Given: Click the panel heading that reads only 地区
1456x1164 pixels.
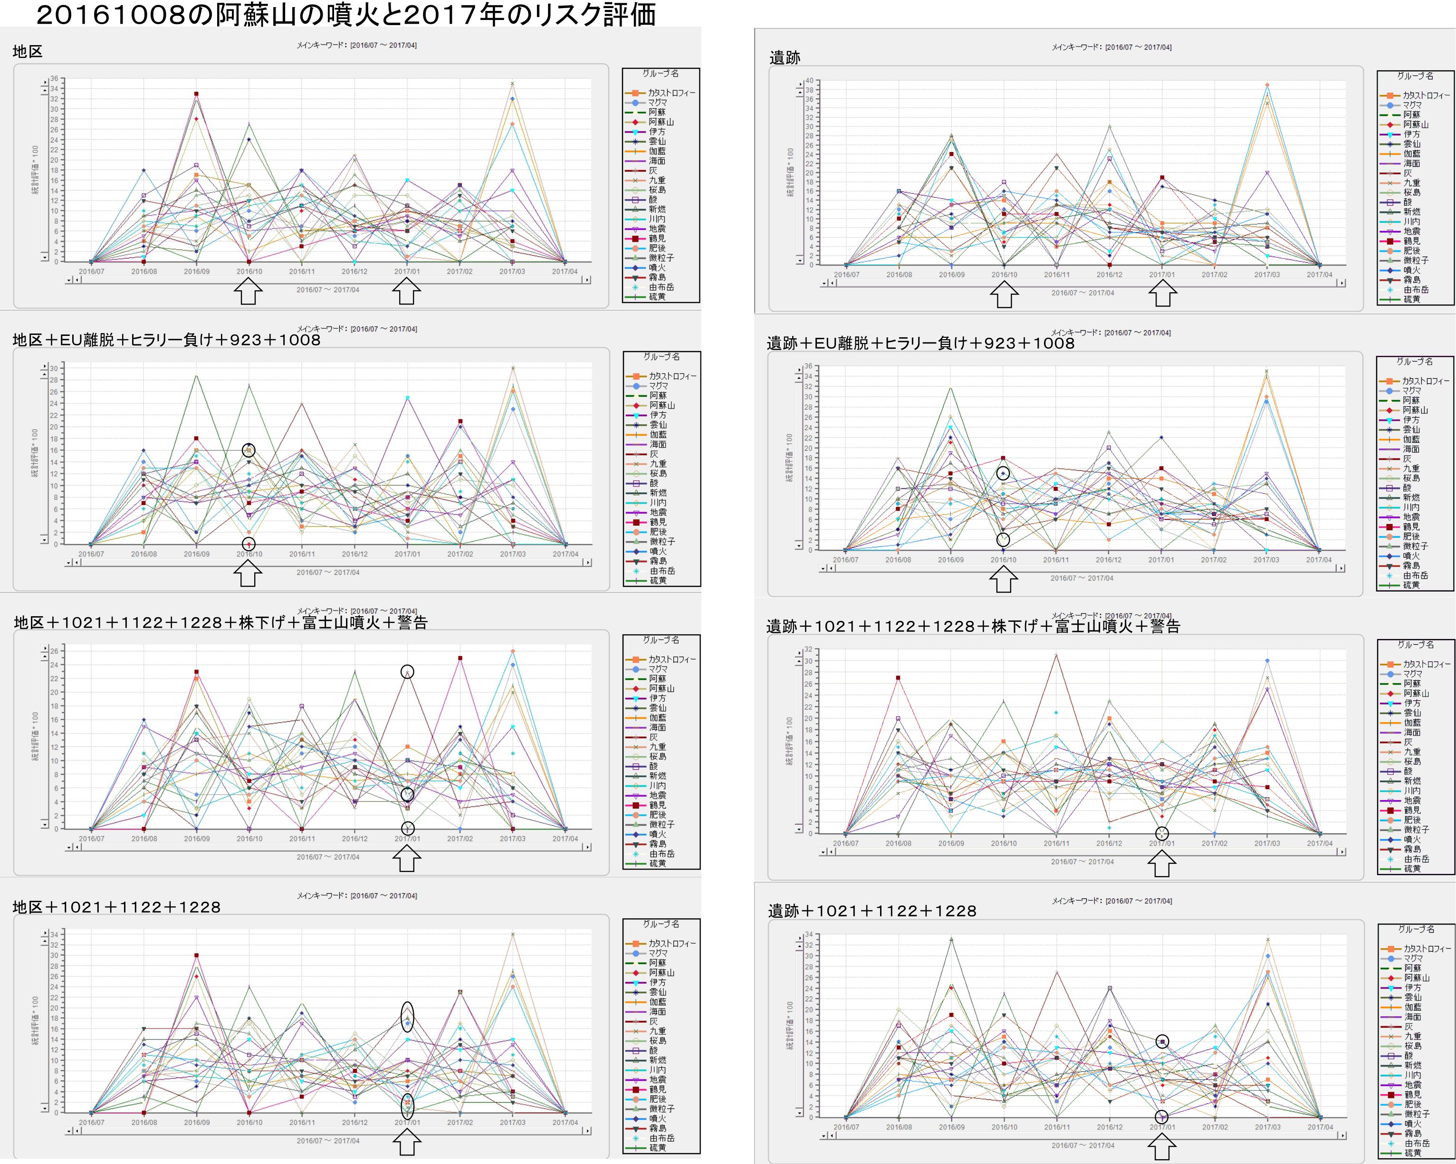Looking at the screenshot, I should click(28, 52).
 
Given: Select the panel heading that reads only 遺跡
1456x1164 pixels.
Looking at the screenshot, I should click(785, 58).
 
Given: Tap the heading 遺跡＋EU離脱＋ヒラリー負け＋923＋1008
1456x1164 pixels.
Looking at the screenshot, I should click(920, 343).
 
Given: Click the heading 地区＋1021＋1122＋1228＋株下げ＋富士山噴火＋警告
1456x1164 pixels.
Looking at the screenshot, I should click(220, 622).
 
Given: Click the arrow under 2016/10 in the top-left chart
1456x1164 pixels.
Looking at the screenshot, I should click(248, 292).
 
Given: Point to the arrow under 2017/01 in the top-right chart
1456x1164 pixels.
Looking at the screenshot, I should click(1162, 294).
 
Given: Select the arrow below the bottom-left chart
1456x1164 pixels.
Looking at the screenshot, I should click(407, 1142).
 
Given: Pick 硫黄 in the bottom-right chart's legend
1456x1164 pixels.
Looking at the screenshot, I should click(1412, 1153).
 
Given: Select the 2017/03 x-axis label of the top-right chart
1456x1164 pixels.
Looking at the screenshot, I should click(1266, 275).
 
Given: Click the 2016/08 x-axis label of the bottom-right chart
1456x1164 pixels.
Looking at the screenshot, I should click(899, 1127).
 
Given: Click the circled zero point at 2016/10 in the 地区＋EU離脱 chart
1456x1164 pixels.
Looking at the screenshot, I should click(249, 544).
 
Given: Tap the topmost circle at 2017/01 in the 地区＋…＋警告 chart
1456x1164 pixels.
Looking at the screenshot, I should click(407, 672).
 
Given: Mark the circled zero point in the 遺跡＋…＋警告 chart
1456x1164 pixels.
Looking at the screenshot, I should click(1161, 833).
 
